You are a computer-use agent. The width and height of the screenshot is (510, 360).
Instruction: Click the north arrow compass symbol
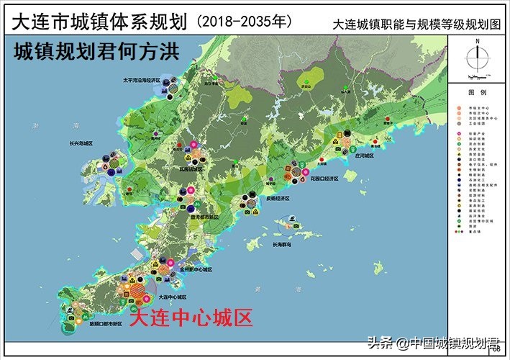tap(476, 57)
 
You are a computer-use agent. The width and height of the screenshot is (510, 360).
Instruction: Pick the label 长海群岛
tap(286, 244)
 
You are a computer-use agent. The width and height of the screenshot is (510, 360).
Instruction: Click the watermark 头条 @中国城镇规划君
tap(433, 342)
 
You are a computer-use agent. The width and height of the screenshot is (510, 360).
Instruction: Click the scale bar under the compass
tap(476, 76)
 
